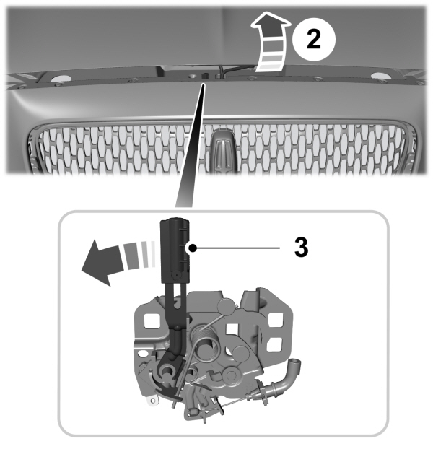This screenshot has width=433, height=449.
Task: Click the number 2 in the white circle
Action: pyautogui.click(x=314, y=40)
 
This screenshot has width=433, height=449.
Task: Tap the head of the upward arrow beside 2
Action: pyautogui.click(x=271, y=24)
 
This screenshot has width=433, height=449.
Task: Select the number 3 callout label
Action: pyautogui.click(x=301, y=247)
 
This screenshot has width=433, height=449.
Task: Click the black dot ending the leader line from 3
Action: pyautogui.click(x=193, y=248)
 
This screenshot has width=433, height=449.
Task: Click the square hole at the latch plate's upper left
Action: pyautogui.click(x=152, y=321)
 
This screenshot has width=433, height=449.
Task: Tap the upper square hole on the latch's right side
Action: pyautogui.click(x=275, y=320)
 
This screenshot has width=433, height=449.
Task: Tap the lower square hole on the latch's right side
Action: pyautogui.click(x=274, y=344)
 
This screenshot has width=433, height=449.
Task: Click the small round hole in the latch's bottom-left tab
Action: pyautogui.click(x=153, y=401)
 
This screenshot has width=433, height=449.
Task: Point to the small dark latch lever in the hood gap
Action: pyautogui.click(x=204, y=77)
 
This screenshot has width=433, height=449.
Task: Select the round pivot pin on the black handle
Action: pyautogui.click(x=177, y=275)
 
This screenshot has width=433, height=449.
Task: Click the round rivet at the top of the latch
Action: pyautogui.click(x=226, y=307)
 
